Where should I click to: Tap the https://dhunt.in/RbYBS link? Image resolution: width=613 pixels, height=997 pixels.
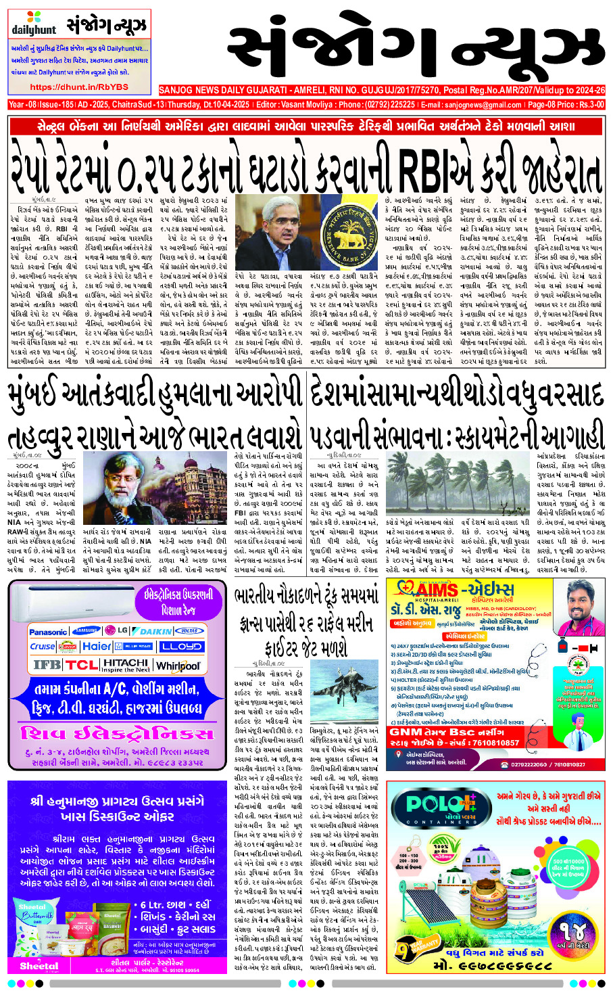(x=78, y=87)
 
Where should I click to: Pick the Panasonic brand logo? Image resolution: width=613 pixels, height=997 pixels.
(x=48, y=632)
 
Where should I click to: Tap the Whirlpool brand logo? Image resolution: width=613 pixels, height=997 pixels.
(x=178, y=666)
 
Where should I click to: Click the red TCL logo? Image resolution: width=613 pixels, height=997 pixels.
(x=82, y=665)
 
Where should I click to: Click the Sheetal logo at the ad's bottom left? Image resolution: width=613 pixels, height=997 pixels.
(x=39, y=965)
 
